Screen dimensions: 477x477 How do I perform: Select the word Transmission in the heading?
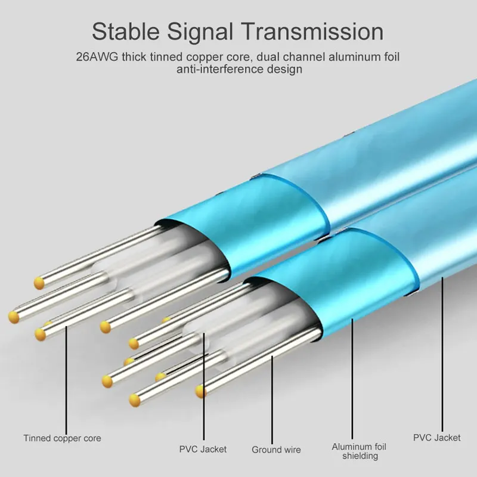pyautogui.click(x=316, y=30)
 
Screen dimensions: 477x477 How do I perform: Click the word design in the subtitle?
pyautogui.click(x=286, y=70)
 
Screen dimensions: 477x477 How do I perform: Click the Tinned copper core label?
pyautogui.click(x=63, y=438)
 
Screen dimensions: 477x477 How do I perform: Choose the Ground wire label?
pyautogui.click(x=276, y=450)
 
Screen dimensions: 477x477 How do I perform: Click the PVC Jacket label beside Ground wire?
pyautogui.click(x=203, y=449)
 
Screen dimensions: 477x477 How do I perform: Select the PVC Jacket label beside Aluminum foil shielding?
pyautogui.click(x=437, y=438)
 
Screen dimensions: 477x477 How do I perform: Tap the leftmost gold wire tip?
pyautogui.click(x=13, y=314)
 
